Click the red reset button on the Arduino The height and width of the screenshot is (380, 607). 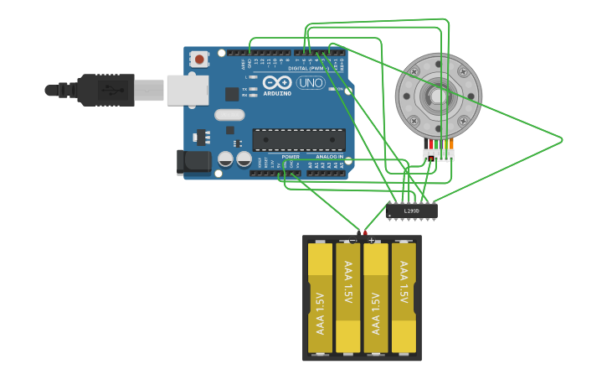click(199, 60)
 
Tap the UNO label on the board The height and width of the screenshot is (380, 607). click(311, 83)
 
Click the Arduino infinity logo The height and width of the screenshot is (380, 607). click(278, 82)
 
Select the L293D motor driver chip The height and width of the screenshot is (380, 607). click(411, 211)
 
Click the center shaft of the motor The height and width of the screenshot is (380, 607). click(439, 96)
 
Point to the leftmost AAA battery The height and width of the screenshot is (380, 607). click(320, 298)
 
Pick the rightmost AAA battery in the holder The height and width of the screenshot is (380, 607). click(404, 298)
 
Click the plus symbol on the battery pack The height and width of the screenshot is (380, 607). click(371, 240)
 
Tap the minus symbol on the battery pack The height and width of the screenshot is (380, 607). click(352, 240)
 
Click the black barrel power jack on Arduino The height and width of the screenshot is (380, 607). click(193, 162)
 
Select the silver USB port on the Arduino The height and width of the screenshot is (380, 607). click(188, 90)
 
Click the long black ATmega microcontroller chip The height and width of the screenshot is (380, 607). click(298, 140)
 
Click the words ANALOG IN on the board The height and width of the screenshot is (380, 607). click(329, 157)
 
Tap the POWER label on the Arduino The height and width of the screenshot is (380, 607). click(291, 157)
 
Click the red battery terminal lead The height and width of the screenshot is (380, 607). click(365, 232)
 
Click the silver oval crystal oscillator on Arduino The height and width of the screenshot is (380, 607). click(229, 115)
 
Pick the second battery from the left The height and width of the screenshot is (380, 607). click(347, 298)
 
